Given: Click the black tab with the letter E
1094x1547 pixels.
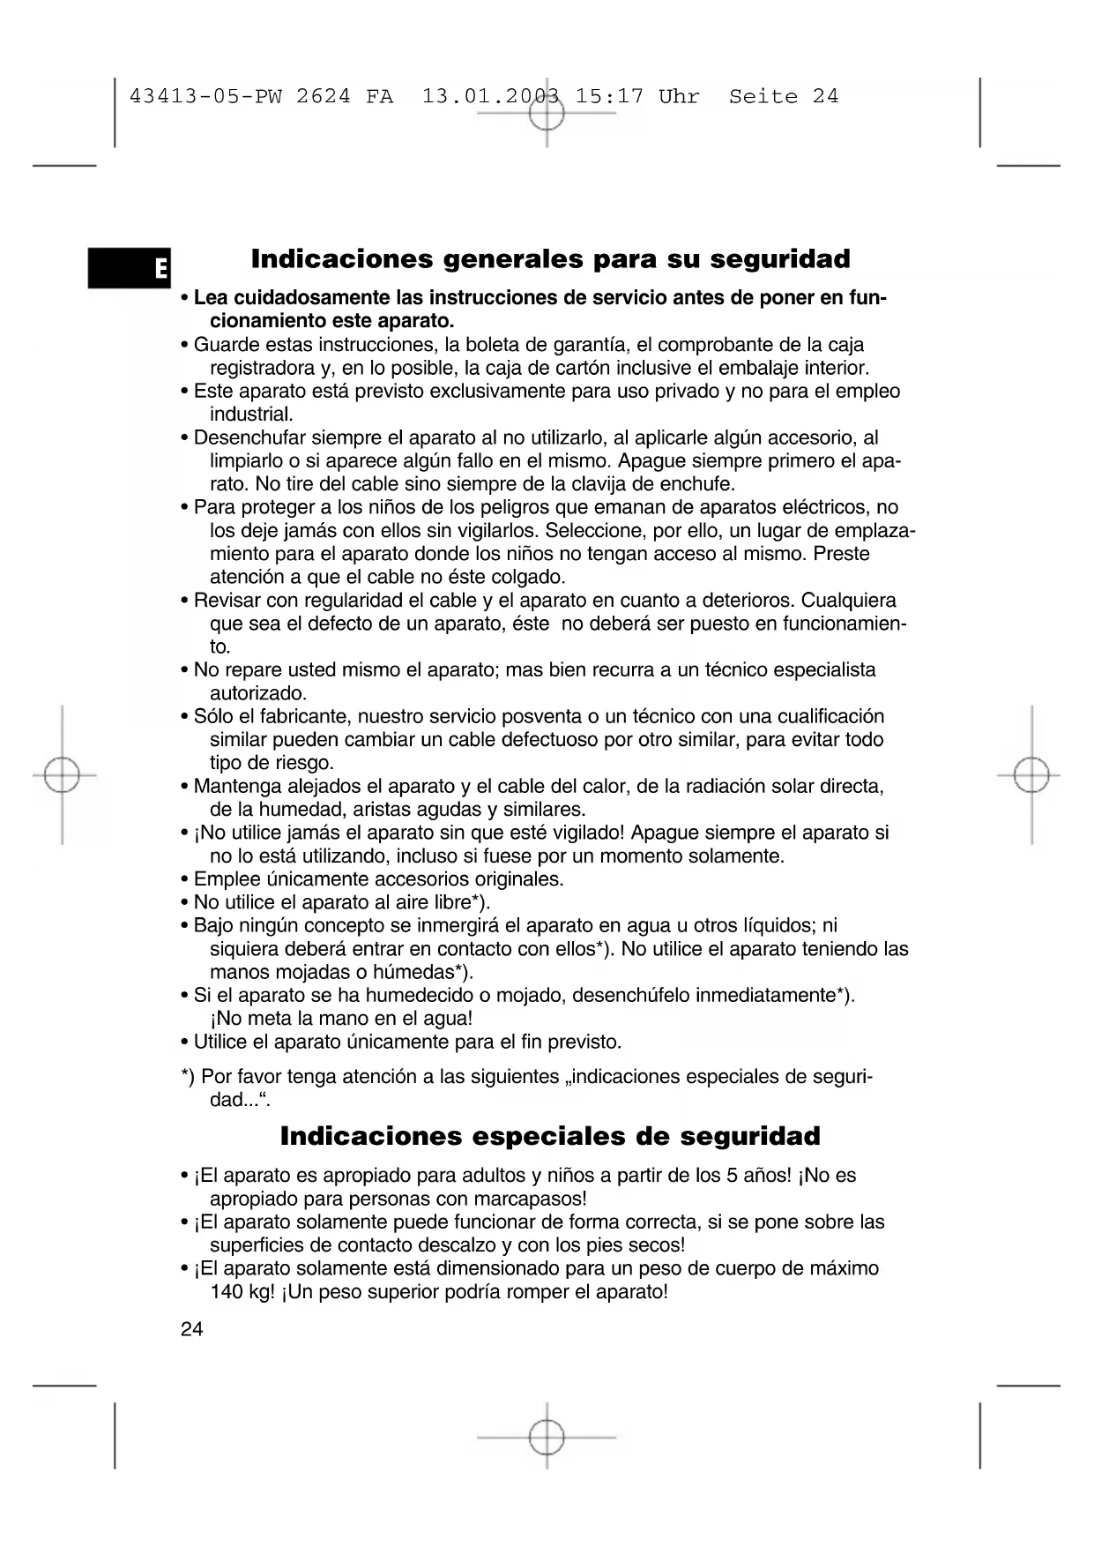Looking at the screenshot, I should (x=130, y=268).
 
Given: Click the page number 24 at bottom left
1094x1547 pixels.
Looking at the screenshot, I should (x=191, y=1329).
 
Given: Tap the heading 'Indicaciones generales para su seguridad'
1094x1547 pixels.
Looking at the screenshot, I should (x=550, y=259).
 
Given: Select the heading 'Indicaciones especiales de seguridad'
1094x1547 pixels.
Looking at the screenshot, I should (x=550, y=1136).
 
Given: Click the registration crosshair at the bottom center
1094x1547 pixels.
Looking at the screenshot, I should (x=547, y=1437).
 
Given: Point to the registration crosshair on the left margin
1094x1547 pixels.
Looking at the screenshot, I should (x=62, y=775).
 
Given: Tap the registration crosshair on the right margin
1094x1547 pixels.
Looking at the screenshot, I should (x=1031, y=775).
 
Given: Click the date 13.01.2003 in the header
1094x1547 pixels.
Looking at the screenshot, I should (x=491, y=97).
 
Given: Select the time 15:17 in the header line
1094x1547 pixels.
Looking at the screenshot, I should (x=609, y=97).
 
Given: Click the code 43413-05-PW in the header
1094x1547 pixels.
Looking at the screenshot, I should (x=205, y=97).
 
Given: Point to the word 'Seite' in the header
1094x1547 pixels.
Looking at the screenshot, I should (x=763, y=97).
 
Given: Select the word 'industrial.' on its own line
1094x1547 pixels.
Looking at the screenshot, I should (x=251, y=415).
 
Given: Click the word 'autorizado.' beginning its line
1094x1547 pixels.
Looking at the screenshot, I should (x=258, y=693).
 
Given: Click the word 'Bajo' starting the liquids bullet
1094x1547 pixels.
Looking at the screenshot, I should (x=214, y=925).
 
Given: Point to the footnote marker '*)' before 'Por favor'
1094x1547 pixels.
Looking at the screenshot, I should (x=188, y=1077).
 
